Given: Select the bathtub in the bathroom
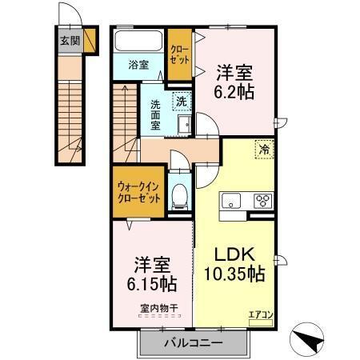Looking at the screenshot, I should pyautogui.click(x=138, y=41).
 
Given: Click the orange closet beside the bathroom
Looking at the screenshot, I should pyautogui.click(x=179, y=54).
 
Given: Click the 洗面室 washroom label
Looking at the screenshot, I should pyautogui.click(x=157, y=114).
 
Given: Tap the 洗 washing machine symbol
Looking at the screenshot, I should pyautogui.click(x=182, y=102).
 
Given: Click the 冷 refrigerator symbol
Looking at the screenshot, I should pyautogui.click(x=262, y=148).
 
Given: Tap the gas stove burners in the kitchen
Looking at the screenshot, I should pyautogui.click(x=262, y=201).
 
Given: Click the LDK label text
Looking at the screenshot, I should pyautogui.click(x=234, y=254).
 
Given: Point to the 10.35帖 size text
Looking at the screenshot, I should pyautogui.click(x=234, y=274).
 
